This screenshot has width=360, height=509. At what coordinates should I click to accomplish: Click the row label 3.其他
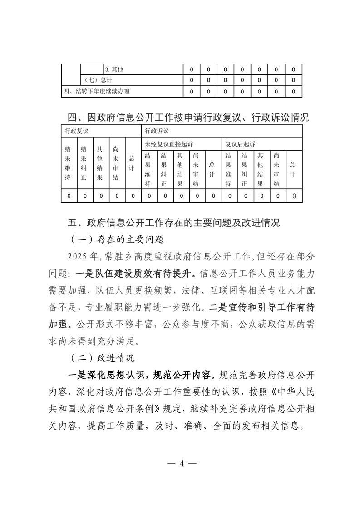click(114, 70)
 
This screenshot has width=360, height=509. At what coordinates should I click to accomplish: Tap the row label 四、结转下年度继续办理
click(96, 92)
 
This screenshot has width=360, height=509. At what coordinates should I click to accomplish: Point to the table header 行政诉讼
click(157, 131)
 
